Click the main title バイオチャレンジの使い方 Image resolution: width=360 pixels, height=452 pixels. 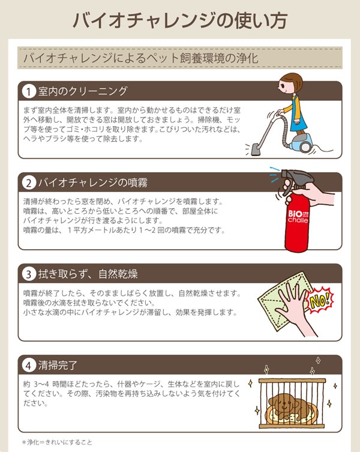tap(180, 20)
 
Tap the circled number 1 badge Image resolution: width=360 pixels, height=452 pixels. tap(29, 91)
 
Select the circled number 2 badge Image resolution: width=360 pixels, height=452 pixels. tap(29, 182)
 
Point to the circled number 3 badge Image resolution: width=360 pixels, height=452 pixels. tap(29, 274)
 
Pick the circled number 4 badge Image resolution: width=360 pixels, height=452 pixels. tap(29, 365)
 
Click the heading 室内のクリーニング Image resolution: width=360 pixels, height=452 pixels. tap(83, 91)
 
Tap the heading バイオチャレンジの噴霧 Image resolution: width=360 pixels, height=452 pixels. tap(93, 182)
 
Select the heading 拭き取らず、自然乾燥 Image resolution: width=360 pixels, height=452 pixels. tap(88, 274)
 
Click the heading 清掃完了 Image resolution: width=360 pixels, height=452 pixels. tap(58, 365)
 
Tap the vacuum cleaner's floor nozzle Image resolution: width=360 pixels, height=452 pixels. tap(256, 149)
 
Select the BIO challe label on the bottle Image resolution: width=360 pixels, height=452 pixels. tap(298, 217)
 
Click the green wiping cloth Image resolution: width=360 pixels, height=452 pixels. tap(286, 301)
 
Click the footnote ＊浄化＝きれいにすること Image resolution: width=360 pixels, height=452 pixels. tap(57, 442)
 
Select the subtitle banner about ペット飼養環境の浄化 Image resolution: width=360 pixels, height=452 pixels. tap(180, 58)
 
